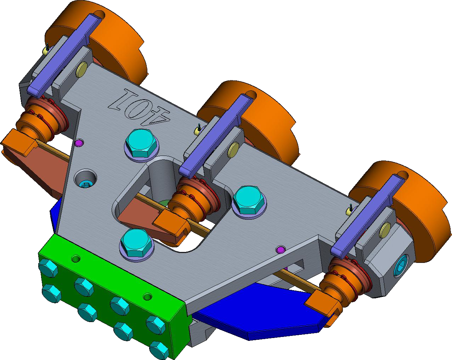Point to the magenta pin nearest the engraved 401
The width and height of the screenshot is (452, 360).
point(79,143)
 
